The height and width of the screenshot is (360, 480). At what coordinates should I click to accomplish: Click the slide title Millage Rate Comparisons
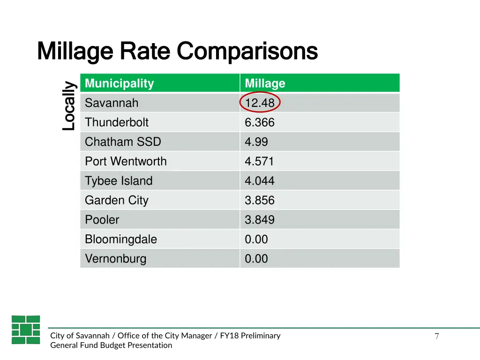click(x=177, y=51)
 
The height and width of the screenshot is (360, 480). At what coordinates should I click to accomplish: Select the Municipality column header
click(x=119, y=83)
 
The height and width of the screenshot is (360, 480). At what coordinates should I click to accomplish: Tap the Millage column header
click(x=265, y=83)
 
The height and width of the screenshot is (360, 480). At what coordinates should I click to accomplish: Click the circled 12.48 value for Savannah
click(x=260, y=103)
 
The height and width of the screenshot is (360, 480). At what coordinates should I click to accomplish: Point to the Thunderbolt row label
click(x=116, y=123)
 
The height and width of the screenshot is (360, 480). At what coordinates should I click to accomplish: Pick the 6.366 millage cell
click(x=260, y=123)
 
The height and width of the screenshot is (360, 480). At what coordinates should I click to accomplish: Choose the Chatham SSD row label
click(x=123, y=142)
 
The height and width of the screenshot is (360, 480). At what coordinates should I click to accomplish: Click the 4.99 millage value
click(x=256, y=142)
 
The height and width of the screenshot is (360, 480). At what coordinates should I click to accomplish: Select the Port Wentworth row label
click(x=126, y=162)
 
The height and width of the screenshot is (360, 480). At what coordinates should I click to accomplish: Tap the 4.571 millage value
click(x=259, y=162)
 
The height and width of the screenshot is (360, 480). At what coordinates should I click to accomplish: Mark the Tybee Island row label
click(x=119, y=181)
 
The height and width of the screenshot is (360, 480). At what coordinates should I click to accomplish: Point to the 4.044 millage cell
click(x=260, y=181)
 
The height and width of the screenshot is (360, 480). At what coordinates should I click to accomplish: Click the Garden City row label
click(x=116, y=201)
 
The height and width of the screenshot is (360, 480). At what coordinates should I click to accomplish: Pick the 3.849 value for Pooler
click(x=260, y=220)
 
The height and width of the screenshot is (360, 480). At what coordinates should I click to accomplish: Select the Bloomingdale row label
click(x=121, y=240)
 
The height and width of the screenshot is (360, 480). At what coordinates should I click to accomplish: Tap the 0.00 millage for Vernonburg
click(x=256, y=259)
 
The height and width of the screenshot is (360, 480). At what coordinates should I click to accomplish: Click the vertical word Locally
click(x=69, y=106)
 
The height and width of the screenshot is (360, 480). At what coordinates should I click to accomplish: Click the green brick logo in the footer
click(x=26, y=330)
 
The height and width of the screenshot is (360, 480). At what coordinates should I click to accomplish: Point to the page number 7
click(x=436, y=336)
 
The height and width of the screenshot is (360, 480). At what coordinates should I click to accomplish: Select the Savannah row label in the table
click(x=112, y=103)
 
